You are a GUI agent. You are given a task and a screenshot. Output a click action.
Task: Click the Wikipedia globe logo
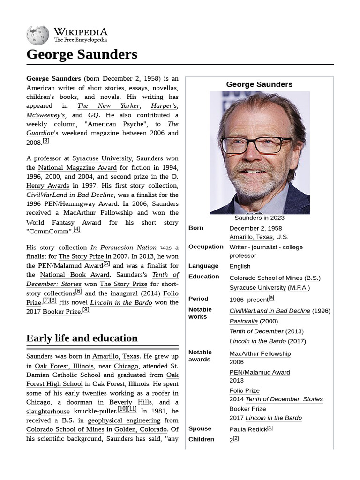pos(37,36)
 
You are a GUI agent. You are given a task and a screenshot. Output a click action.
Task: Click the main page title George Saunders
pos(82,54)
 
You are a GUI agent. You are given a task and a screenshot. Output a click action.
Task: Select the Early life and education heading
pos(82,338)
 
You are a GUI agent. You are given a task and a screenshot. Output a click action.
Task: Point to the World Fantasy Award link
pos(63,222)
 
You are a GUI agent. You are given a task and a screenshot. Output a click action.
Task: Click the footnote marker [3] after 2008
pos(46,141)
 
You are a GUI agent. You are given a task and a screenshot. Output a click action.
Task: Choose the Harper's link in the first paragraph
pos(164,106)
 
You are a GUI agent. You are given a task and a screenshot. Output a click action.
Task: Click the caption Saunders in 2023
pos(259,217)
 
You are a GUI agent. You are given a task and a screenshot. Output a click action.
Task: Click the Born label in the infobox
pos(196,228)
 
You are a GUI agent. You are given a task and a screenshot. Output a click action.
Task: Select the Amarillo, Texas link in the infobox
pos(251,237)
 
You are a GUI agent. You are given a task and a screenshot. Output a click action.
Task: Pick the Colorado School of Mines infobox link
pos(266,278)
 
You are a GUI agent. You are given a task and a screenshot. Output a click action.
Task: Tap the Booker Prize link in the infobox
pos(247,409)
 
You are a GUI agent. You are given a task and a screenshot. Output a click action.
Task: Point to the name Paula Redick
pos(248,429)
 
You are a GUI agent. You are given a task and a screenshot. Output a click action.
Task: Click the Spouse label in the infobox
pos(200,428)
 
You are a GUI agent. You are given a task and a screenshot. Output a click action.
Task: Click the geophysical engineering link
pos(127,420)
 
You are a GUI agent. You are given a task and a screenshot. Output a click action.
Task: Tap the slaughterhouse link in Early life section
pos(48,411)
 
